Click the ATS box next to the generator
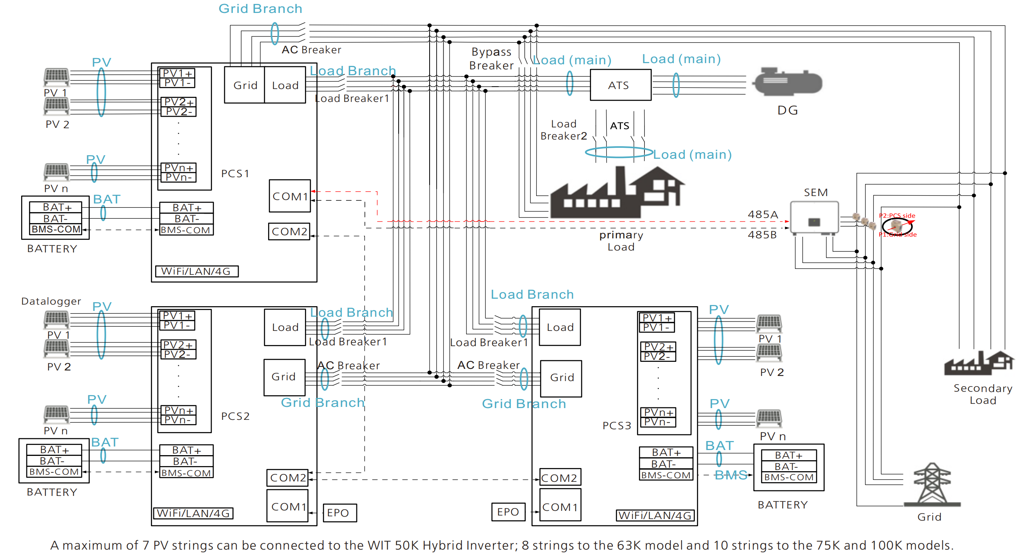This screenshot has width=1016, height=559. pos(620,85)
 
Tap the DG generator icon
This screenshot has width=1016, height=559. pos(788,82)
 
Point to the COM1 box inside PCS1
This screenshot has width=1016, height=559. pos(290,196)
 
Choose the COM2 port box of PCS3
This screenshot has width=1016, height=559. pos(559,478)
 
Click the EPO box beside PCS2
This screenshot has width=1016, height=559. pos(339,512)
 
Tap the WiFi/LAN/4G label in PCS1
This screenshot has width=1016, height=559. pos(196,271)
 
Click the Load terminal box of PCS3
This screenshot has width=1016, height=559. pos(560,327)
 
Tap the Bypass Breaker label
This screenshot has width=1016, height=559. pos(492,58)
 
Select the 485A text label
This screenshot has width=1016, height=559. pos(763,214)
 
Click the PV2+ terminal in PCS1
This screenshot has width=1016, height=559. pos(179,102)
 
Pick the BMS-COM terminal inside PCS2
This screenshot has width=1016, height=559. pos(186,473)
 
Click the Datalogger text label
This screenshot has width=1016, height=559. pos(51,301)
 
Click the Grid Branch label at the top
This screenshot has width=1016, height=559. pos(260,9)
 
